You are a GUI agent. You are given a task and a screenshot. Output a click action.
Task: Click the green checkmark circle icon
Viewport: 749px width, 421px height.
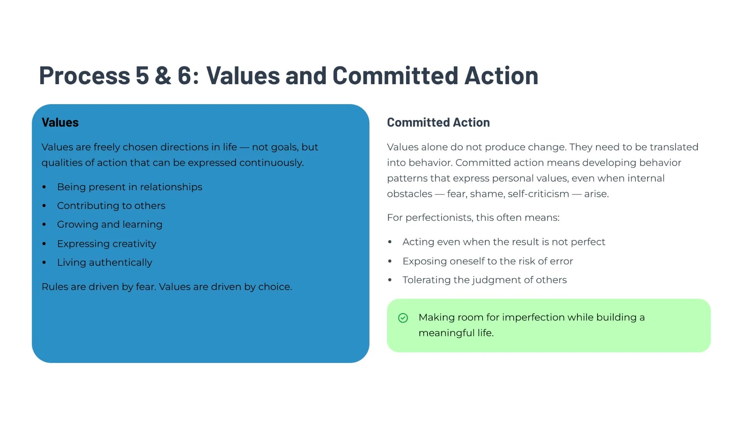(x=403, y=318)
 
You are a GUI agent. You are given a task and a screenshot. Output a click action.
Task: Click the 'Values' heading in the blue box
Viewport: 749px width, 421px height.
(x=60, y=122)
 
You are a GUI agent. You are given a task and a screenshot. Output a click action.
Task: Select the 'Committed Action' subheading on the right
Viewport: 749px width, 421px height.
(x=438, y=122)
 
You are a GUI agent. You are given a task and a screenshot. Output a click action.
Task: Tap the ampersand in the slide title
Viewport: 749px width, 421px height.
(x=163, y=75)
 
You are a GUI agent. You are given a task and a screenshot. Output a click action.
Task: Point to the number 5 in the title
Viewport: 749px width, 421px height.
(x=142, y=75)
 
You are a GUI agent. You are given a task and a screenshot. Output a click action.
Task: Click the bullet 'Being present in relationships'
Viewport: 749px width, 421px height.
(x=130, y=187)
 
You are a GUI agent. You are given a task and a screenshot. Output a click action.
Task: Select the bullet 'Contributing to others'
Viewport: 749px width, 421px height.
(x=111, y=206)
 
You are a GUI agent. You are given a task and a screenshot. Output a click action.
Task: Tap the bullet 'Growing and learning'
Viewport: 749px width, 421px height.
(x=110, y=225)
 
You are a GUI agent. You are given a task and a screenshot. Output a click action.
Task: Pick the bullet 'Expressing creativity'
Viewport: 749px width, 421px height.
(x=106, y=244)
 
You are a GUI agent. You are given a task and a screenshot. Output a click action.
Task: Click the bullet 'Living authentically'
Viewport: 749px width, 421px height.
(x=105, y=262)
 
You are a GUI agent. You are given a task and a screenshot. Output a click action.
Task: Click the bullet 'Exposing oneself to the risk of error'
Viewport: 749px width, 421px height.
(x=488, y=261)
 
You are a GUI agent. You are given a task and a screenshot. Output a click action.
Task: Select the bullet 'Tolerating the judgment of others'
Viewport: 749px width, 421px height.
(x=485, y=280)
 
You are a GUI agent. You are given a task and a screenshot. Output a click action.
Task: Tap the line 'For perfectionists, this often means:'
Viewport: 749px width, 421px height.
(x=473, y=218)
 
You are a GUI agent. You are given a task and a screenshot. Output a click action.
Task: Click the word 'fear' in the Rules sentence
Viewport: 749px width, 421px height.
(x=146, y=287)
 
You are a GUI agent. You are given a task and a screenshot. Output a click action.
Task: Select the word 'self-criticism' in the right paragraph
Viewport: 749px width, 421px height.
(x=538, y=194)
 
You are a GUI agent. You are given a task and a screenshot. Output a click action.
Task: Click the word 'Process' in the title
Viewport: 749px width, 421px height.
(x=85, y=75)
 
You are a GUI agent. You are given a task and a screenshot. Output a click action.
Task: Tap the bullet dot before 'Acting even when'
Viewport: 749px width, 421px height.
(x=390, y=242)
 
